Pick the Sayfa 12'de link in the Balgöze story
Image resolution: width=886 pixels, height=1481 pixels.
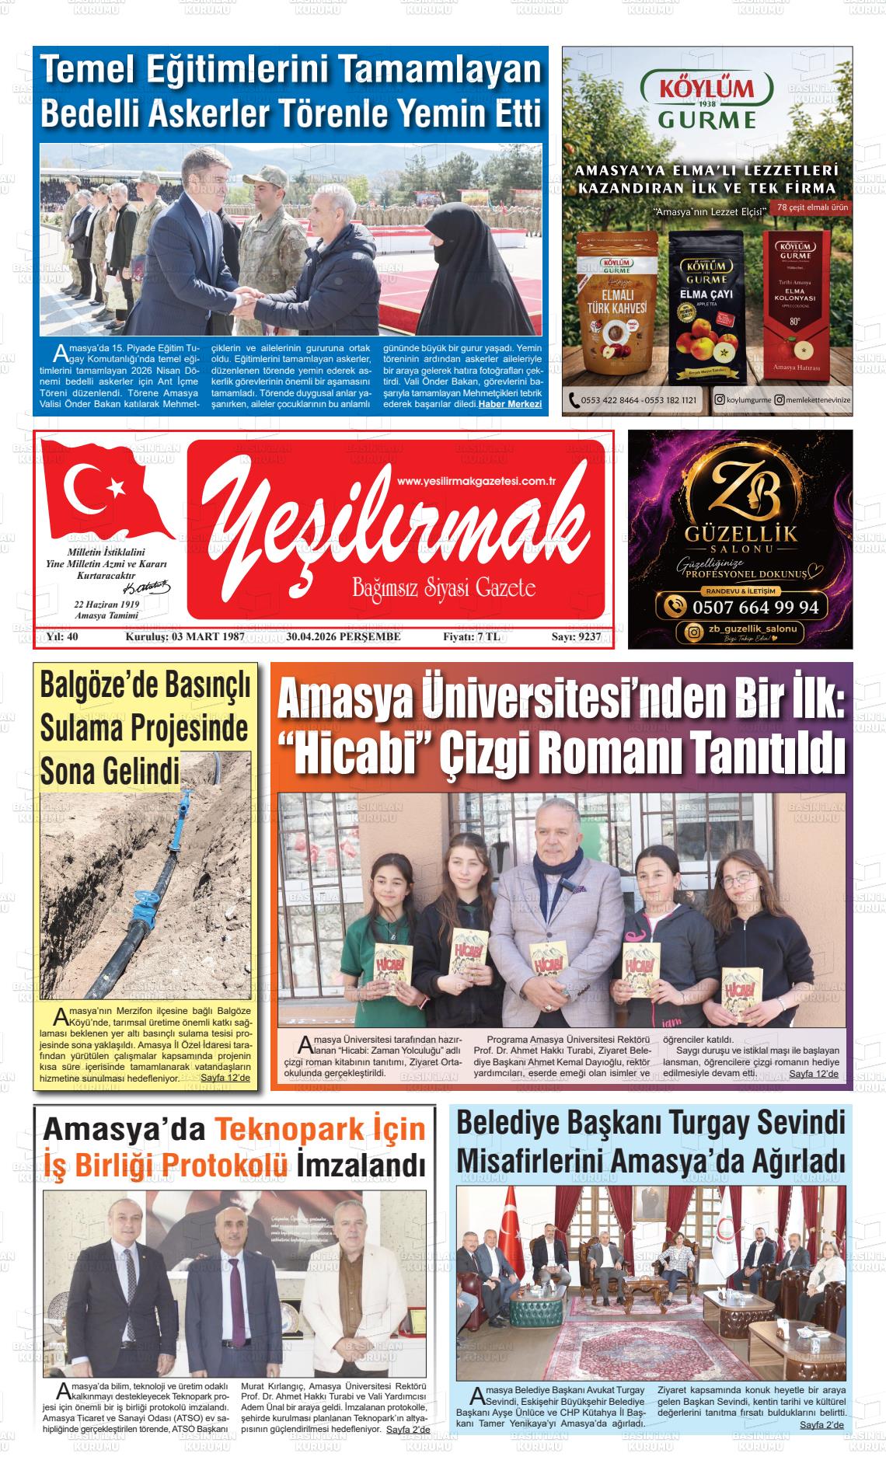tap(225, 1079)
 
